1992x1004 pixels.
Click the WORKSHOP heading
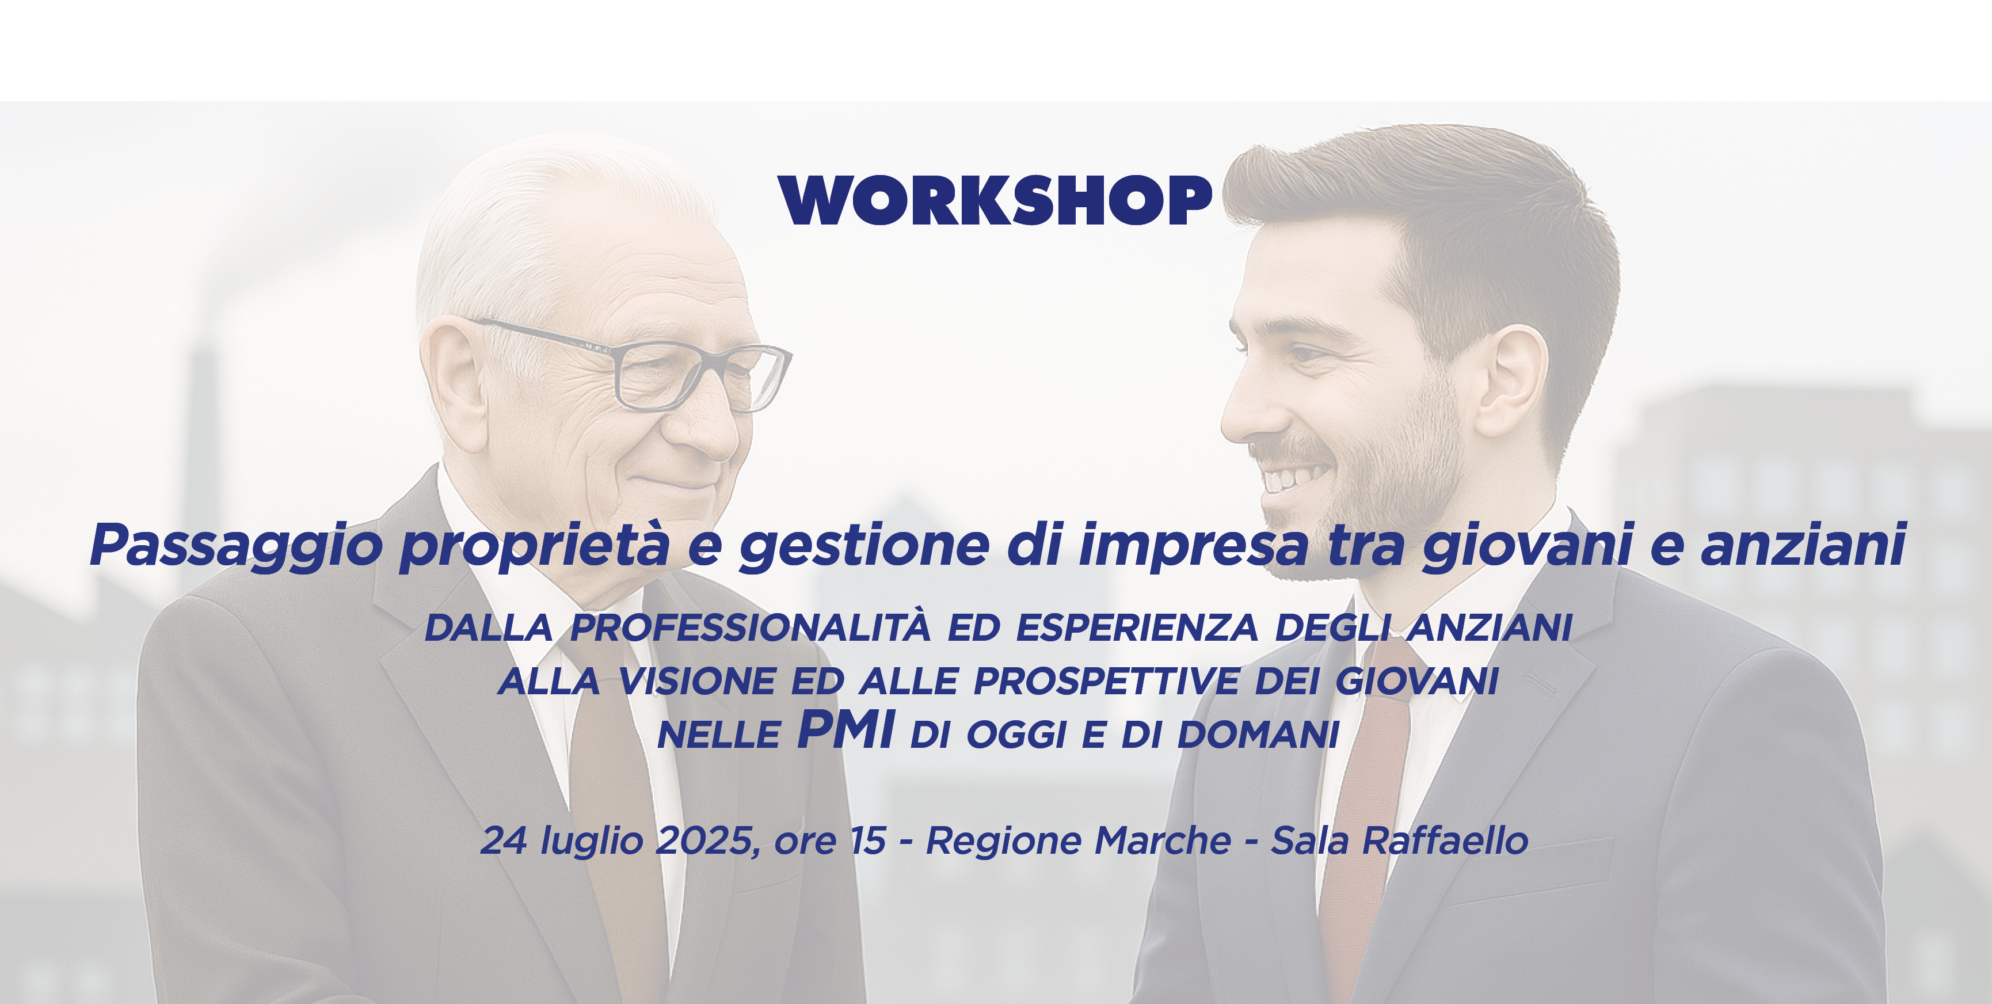point(995,200)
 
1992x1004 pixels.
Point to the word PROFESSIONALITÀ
point(750,627)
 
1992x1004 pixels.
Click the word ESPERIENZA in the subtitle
point(1137,627)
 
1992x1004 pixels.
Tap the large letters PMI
point(845,729)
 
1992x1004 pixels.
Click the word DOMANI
point(1258,735)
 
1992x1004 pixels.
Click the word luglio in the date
point(592,841)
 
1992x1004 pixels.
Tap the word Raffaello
point(1445,841)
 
